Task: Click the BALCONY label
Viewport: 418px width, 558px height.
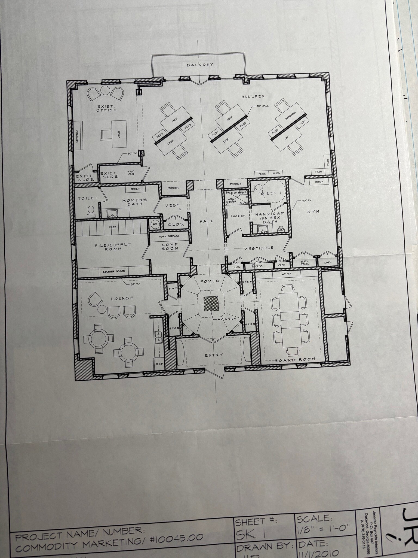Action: [200, 65]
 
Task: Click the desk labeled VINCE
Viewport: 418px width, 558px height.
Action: [119, 134]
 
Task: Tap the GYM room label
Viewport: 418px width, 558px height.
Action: [313, 212]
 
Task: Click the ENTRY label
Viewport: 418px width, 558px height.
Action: [214, 355]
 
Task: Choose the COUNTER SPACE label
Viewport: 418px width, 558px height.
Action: [114, 271]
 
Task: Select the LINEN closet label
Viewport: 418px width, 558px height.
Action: [328, 263]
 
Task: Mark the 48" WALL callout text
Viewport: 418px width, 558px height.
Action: [262, 106]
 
